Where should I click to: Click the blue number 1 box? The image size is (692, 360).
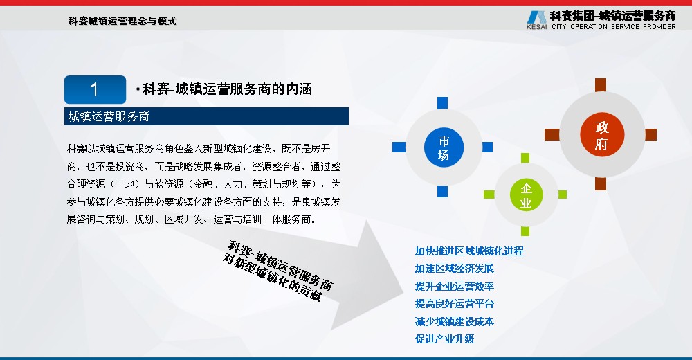pyautogui.click(x=95, y=90)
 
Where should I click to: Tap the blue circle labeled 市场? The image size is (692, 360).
pyautogui.click(x=444, y=147)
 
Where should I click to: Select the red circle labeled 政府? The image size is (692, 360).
pyautogui.click(x=602, y=135)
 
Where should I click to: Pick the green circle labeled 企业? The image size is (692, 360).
pyautogui.click(x=526, y=195)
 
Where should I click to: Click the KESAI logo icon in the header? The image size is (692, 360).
pyautogui.click(x=537, y=17)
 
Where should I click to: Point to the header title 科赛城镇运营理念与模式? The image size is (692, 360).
pyautogui.click(x=122, y=21)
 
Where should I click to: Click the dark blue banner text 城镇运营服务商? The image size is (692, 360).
pyautogui.click(x=109, y=116)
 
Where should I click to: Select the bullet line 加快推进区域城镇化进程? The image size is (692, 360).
pyautogui.click(x=469, y=251)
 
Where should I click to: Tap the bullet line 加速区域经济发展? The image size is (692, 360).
pyautogui.click(x=454, y=269)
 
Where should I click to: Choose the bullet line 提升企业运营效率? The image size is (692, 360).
pyautogui.click(x=454, y=286)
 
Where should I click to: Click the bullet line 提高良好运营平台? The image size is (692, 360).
pyautogui.click(x=454, y=304)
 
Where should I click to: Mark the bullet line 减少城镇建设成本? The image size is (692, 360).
pyautogui.click(x=454, y=321)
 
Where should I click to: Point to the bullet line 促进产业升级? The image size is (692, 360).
pyautogui.click(x=444, y=339)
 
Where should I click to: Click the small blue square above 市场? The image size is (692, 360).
pyautogui.click(x=443, y=103)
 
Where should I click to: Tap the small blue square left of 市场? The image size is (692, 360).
pyautogui.click(x=399, y=147)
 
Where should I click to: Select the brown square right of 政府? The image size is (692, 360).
pyautogui.click(x=651, y=135)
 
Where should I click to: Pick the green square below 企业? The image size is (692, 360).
pyautogui.click(x=525, y=231)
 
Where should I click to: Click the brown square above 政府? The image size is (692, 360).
pyautogui.click(x=601, y=85)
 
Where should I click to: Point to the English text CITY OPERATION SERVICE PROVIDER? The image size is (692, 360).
pyautogui.click(x=613, y=26)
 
